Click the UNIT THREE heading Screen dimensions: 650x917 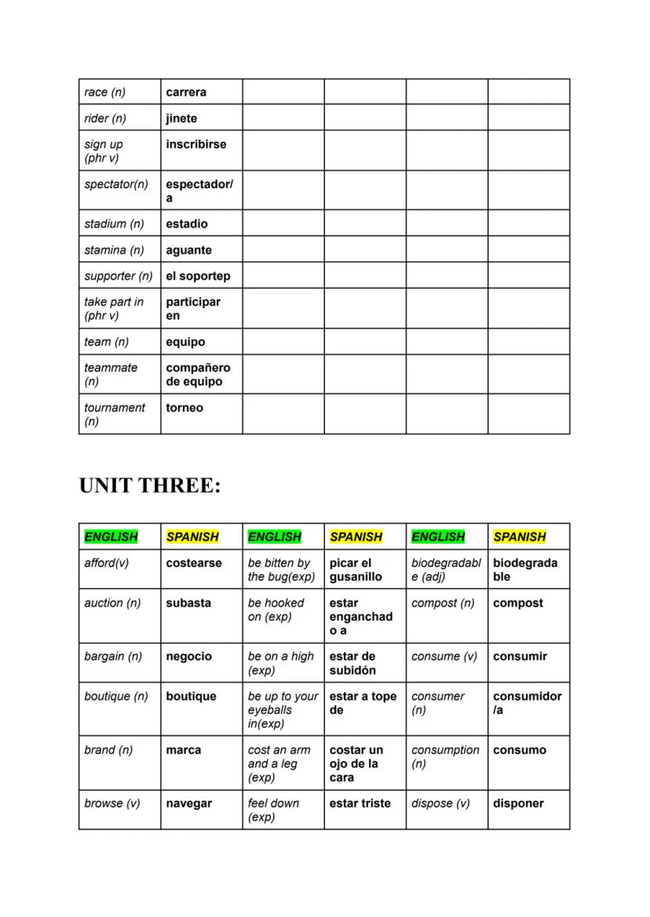point(150,486)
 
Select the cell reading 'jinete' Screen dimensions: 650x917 point(181,118)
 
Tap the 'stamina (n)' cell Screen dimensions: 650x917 point(115,250)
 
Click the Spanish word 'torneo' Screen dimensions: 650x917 point(184,408)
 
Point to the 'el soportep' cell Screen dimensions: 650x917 point(198,276)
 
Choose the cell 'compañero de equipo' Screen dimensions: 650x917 point(198,375)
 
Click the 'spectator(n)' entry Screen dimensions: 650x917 point(116,184)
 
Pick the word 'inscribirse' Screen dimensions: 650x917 point(195,144)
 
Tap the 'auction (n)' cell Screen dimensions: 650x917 point(112,603)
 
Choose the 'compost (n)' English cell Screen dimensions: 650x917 point(443,603)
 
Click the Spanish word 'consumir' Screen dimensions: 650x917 point(520,657)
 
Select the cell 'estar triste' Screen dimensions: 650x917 point(360,803)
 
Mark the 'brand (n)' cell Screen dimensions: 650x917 point(108,750)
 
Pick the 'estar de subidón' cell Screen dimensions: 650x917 point(352,664)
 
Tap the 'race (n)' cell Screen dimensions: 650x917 point(104,93)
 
